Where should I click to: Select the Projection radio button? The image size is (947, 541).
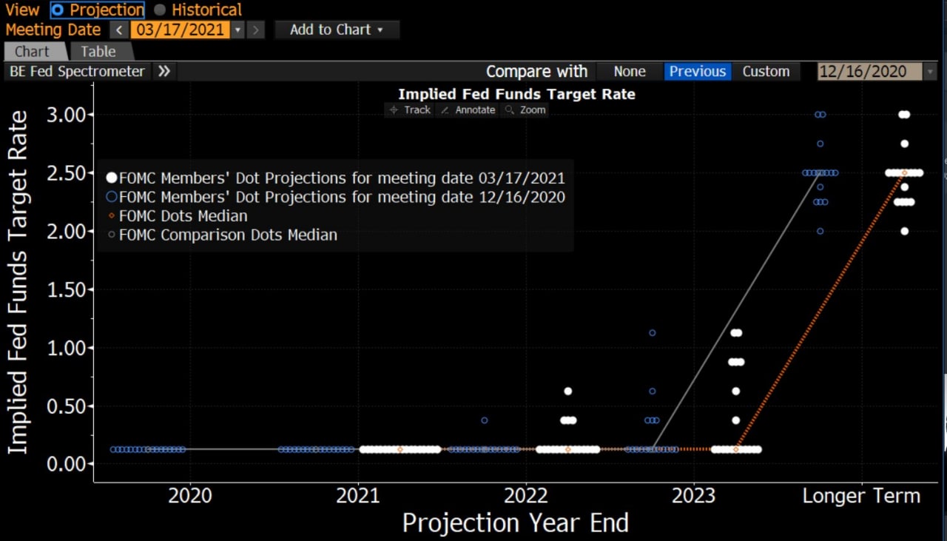click(58, 10)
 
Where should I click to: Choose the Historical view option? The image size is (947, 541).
click(160, 10)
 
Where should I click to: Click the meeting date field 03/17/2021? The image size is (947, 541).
click(180, 30)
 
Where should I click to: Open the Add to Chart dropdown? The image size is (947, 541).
click(337, 30)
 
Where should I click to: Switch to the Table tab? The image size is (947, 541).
click(98, 52)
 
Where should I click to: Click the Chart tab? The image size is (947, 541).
click(32, 52)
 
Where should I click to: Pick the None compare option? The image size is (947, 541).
click(630, 72)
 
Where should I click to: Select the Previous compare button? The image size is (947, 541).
click(697, 72)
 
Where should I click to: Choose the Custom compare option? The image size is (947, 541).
click(766, 72)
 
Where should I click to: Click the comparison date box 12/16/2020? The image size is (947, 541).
click(869, 72)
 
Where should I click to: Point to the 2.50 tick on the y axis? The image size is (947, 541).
click(67, 172)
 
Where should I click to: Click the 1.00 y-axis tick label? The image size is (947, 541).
click(67, 348)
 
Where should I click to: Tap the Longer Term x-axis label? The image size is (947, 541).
click(861, 496)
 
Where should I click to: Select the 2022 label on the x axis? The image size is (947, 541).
click(526, 496)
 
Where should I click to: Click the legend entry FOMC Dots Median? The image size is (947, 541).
click(183, 216)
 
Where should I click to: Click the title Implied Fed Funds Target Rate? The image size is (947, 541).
click(516, 94)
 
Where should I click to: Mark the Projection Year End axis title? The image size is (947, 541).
click(515, 523)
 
